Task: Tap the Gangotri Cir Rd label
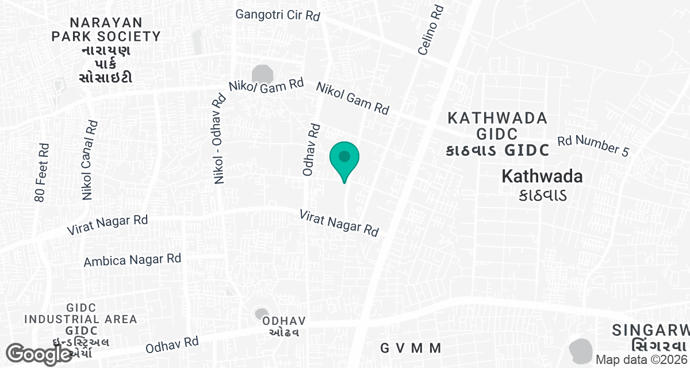(x=277, y=14)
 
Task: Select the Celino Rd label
(x=431, y=30)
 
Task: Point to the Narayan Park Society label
(x=106, y=49)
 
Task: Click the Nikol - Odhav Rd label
(x=218, y=139)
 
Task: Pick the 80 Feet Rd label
(x=42, y=172)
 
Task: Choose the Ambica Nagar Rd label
(x=132, y=260)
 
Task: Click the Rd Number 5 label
(x=593, y=146)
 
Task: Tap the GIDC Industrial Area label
(x=80, y=325)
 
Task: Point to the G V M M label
(x=411, y=348)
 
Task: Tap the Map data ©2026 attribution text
(x=642, y=359)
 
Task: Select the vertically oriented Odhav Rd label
(x=311, y=149)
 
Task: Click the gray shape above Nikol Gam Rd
(x=263, y=74)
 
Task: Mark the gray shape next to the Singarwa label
(x=581, y=349)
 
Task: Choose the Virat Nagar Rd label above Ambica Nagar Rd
(x=108, y=224)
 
